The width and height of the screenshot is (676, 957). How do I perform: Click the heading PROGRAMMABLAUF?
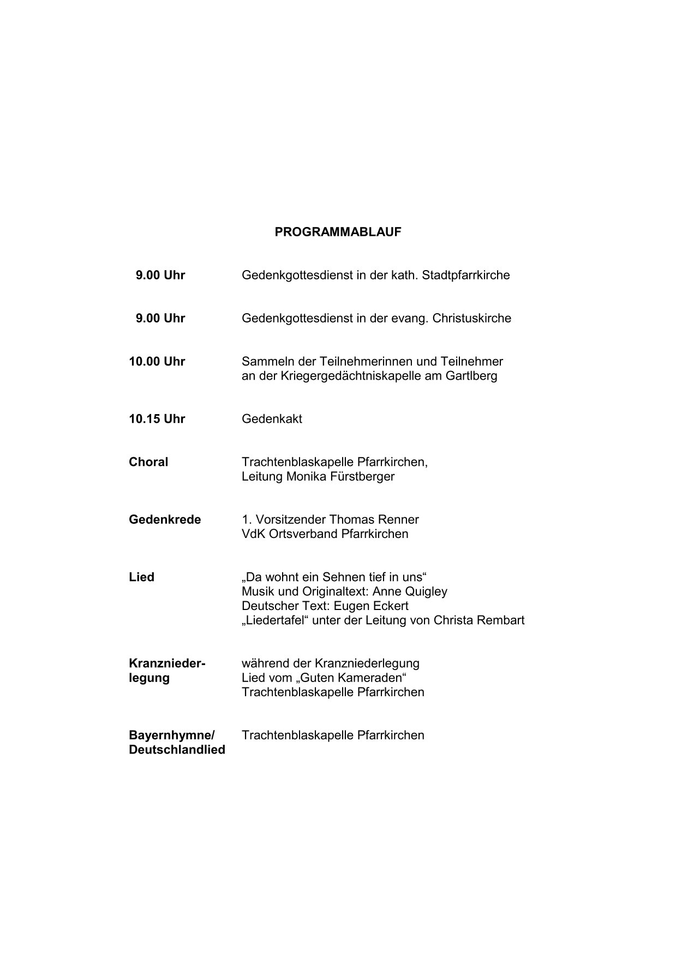click(338, 232)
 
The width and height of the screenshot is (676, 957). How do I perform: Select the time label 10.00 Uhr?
click(157, 362)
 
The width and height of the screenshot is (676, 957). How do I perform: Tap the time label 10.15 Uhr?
click(157, 419)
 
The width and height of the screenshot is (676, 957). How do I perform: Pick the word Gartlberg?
click(471, 376)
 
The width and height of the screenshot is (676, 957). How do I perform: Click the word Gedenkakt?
click(272, 419)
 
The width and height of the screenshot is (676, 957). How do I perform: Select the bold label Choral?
click(148, 462)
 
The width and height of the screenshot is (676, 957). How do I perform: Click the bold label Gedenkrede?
click(165, 519)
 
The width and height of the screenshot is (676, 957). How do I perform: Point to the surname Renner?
click(400, 519)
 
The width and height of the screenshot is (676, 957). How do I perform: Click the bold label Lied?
click(141, 577)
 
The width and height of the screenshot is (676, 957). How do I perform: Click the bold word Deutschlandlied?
click(177, 750)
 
